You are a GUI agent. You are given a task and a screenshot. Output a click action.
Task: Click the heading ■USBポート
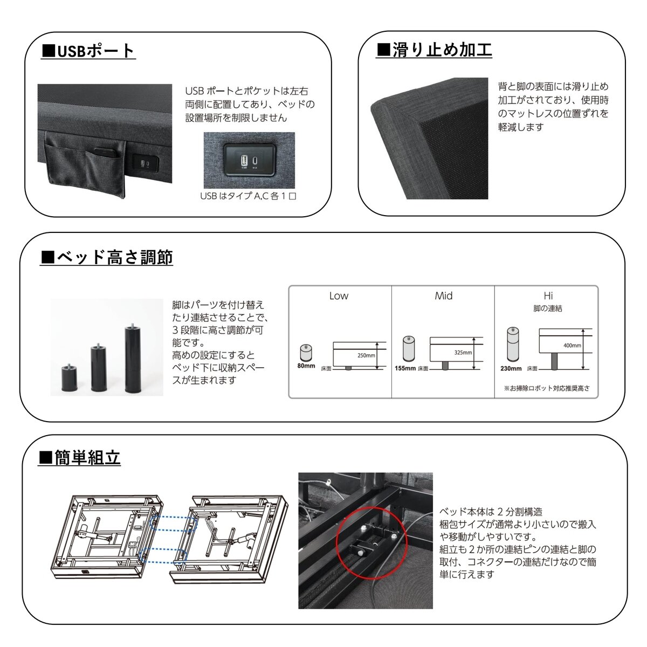point(88,51)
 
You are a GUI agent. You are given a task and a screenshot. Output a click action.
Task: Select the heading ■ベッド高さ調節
point(107,257)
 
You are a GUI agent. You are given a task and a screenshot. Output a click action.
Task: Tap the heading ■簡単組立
point(80,458)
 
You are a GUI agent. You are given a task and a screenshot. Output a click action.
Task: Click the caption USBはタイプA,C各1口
point(248,196)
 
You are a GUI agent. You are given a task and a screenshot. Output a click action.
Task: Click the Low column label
point(339,295)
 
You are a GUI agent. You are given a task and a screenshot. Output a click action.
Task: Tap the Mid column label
point(443,295)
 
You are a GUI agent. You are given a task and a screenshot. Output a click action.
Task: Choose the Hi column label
point(548,295)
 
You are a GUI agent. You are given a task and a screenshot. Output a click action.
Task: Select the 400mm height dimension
point(572,345)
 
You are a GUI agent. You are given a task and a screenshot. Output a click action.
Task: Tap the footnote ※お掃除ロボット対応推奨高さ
point(547,388)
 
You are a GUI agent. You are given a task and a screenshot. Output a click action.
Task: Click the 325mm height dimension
point(463,353)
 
